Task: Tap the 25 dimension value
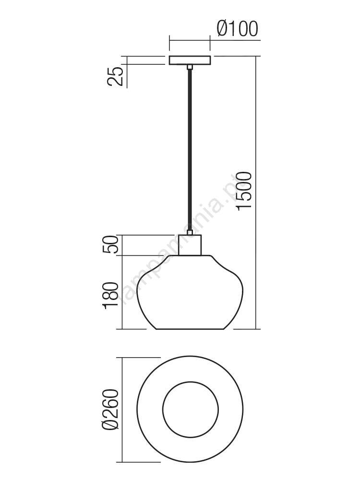(115, 76)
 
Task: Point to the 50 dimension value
(110, 244)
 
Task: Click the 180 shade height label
(111, 295)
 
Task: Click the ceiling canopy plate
(190, 60)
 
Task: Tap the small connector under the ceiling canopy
(190, 67)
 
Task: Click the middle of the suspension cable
(190, 150)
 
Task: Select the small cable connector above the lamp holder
(190, 233)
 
